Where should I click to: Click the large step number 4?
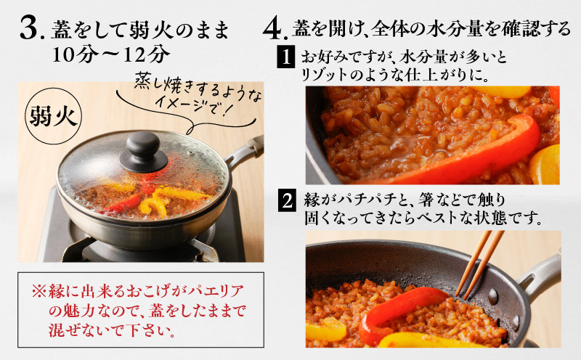pyautogui.click(x=273, y=29)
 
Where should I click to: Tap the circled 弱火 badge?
pyautogui.click(x=53, y=116)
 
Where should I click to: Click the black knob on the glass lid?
pyautogui.click(x=143, y=152)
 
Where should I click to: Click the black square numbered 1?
pyautogui.click(x=285, y=57)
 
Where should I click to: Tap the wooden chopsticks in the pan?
pyautogui.click(x=479, y=263)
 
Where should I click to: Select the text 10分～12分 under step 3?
pyautogui.click(x=111, y=54)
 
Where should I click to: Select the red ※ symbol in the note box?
pyautogui.click(x=39, y=292)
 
